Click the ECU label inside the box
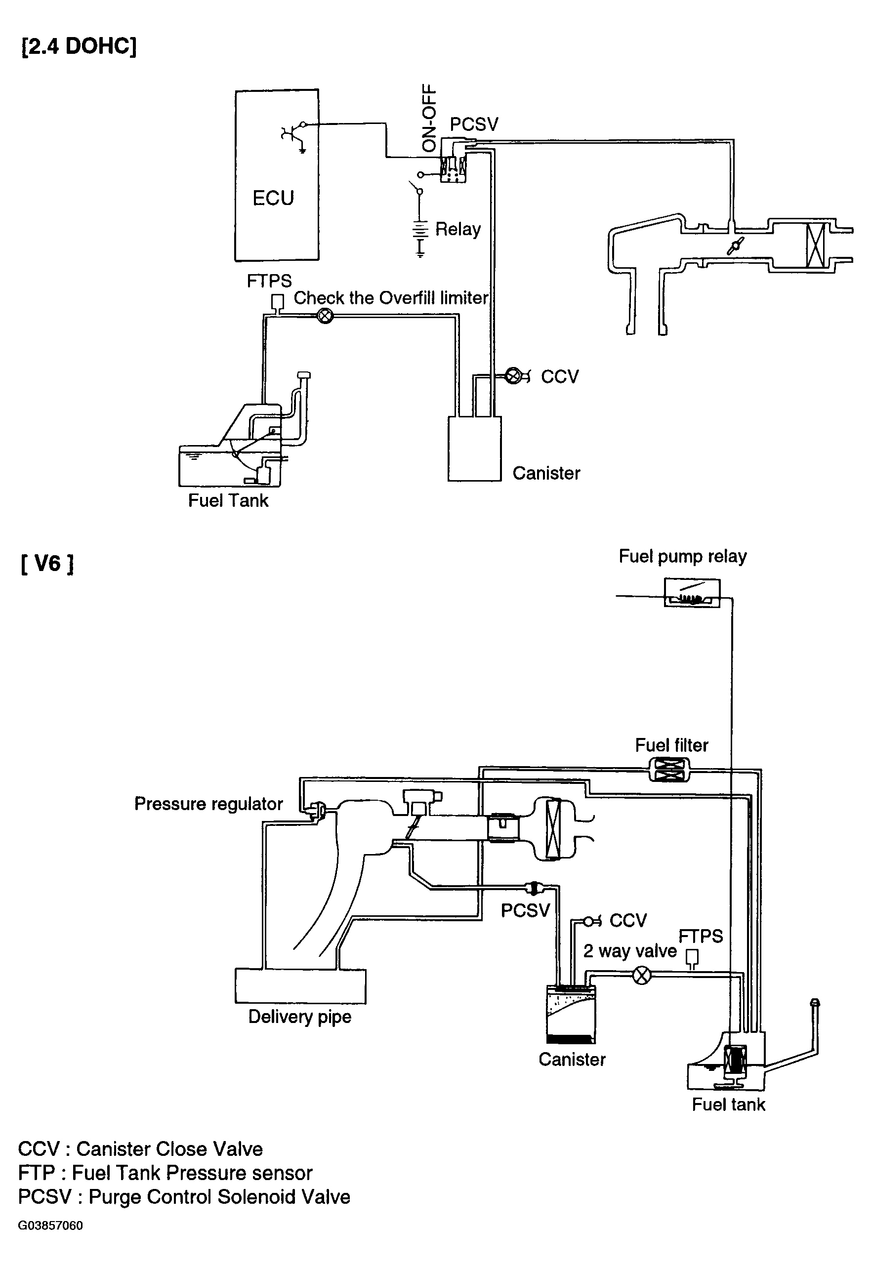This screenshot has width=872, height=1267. [x=273, y=198]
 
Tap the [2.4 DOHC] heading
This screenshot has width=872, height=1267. [x=79, y=46]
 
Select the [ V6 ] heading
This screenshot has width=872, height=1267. [x=47, y=563]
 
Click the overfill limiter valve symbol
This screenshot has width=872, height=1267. [x=325, y=316]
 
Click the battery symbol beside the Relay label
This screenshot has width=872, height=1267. [x=419, y=236]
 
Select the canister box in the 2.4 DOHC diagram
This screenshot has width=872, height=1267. [x=474, y=449]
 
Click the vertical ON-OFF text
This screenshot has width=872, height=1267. [x=429, y=118]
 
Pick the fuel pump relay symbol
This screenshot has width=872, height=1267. [x=692, y=593]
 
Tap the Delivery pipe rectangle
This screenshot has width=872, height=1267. [x=300, y=986]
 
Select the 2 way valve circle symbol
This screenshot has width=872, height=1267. [x=642, y=976]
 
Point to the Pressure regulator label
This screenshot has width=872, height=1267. [x=208, y=804]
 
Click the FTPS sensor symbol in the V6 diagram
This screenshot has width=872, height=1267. [x=692, y=958]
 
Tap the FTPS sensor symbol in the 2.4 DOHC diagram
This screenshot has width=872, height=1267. [x=278, y=303]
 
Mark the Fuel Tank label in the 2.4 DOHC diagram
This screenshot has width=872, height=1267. [x=228, y=500]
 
